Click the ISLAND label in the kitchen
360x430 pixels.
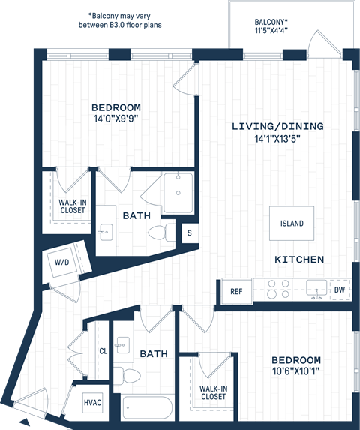click(292, 224)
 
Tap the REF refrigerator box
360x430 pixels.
click(235, 291)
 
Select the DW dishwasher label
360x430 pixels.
click(340, 290)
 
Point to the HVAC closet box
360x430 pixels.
click(93, 402)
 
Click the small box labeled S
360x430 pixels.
click(190, 233)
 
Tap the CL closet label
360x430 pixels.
click(103, 351)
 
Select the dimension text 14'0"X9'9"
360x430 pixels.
click(116, 119)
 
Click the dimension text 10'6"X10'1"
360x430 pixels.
click(296, 371)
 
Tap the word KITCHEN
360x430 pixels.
click(299, 260)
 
